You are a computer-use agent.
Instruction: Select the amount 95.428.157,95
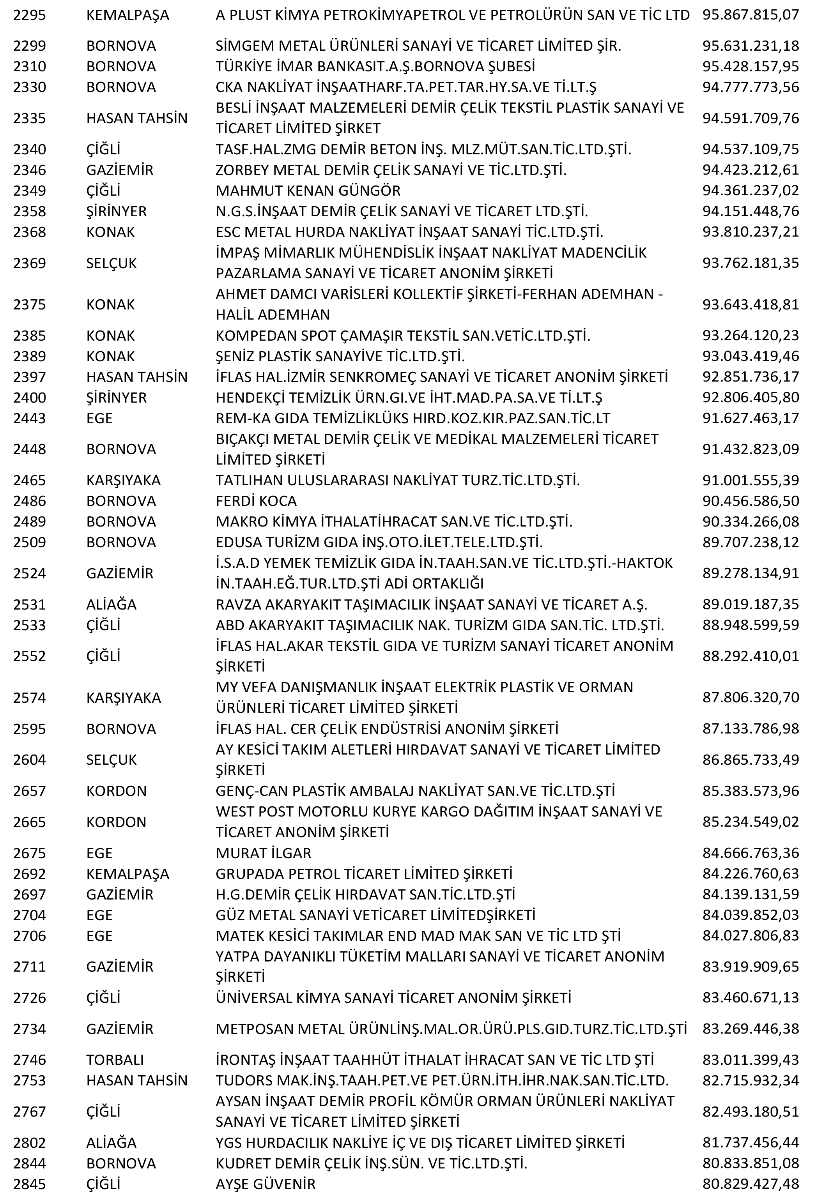pyautogui.click(x=750, y=67)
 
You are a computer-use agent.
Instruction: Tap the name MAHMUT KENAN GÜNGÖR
pyautogui.click(x=308, y=191)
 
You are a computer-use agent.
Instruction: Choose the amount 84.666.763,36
pyautogui.click(x=750, y=853)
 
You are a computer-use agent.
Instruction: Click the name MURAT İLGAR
pyautogui.click(x=264, y=853)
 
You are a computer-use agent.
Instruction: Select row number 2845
pyautogui.click(x=29, y=1184)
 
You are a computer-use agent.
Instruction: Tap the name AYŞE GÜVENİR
pyautogui.click(x=266, y=1184)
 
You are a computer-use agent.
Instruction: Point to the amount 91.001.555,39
pyautogui.click(x=750, y=481)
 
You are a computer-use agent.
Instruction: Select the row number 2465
pyautogui.click(x=29, y=481)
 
